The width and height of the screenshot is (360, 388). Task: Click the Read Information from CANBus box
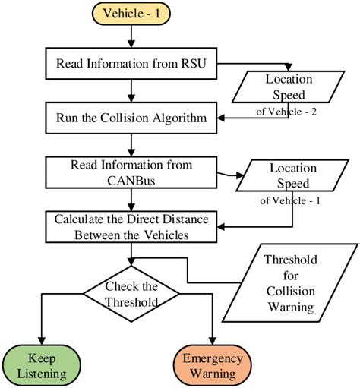(132, 172)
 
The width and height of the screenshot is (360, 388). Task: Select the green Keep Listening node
(39, 364)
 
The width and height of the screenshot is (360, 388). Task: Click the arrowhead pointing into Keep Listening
(39, 341)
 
